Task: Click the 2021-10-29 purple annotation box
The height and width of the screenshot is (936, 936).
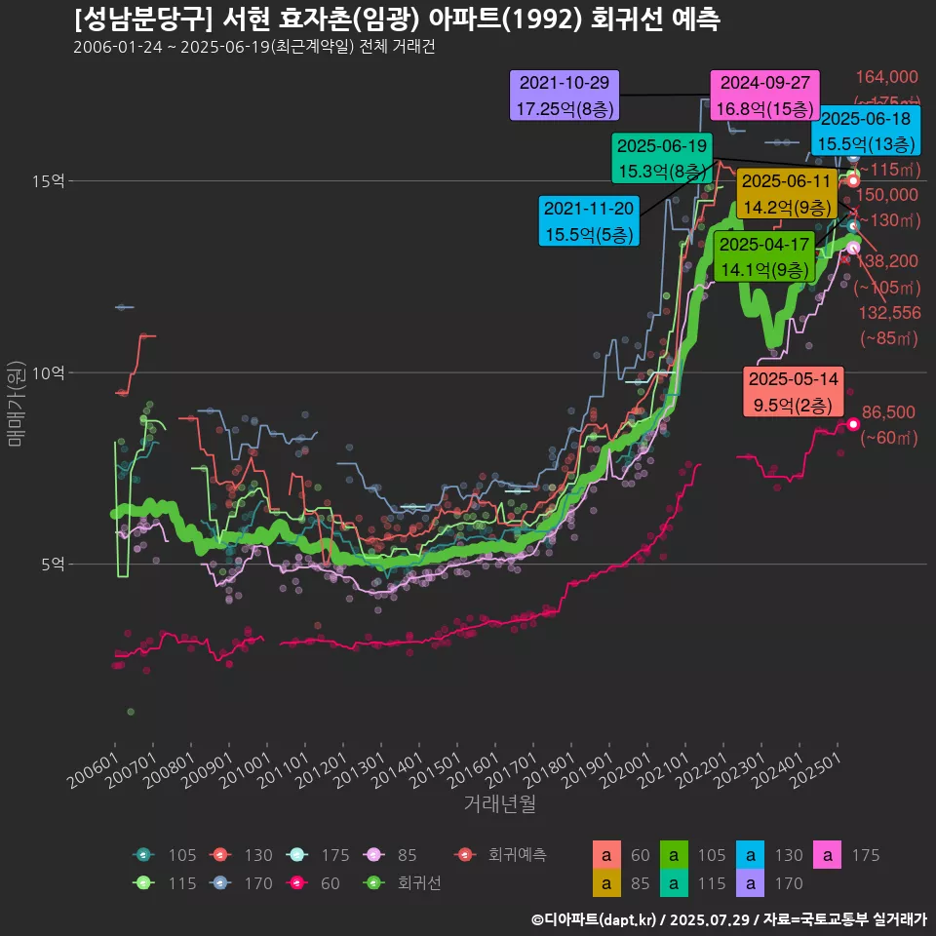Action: click(x=565, y=95)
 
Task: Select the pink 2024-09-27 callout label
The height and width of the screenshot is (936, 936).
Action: click(x=764, y=95)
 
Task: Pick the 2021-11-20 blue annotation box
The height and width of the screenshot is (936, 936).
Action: click(x=588, y=220)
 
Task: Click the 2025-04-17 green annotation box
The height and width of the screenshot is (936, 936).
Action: click(x=764, y=256)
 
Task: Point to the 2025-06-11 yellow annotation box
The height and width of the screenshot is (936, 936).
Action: click(x=786, y=193)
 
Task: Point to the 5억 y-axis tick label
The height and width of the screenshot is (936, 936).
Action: click(x=52, y=564)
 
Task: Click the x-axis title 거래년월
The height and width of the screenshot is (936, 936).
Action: click(x=499, y=803)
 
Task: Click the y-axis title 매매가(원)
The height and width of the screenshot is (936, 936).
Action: click(x=16, y=402)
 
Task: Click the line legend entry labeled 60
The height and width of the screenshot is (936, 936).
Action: click(x=316, y=883)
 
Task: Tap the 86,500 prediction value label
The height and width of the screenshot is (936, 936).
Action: click(x=888, y=413)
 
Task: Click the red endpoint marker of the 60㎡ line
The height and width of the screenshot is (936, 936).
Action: click(x=853, y=424)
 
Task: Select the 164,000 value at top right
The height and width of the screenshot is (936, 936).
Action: click(x=887, y=78)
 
